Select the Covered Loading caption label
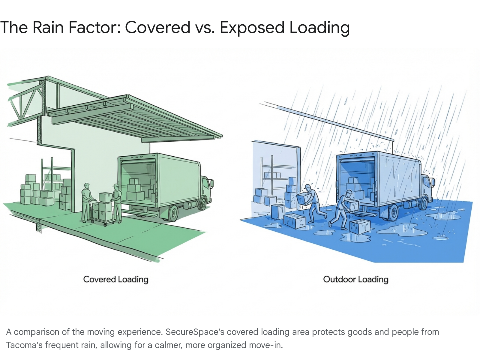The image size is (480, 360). (116, 279)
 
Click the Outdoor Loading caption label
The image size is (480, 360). (356, 279)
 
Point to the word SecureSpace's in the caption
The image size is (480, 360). (195, 332)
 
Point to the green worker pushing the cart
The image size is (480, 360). (86, 202)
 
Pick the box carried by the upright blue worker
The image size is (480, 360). (304, 198)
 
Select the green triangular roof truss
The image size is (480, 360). (25, 102)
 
